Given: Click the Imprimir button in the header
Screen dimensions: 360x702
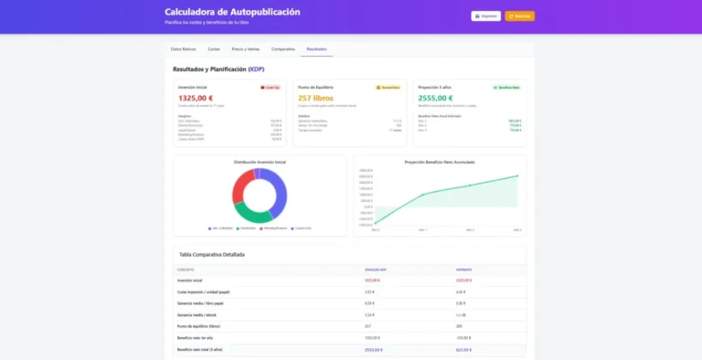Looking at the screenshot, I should [x=486, y=16].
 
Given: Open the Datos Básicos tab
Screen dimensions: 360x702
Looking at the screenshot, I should [x=183, y=48].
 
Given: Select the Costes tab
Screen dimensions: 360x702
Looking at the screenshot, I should [x=214, y=48].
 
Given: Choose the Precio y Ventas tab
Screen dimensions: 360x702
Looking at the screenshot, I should [x=245, y=48].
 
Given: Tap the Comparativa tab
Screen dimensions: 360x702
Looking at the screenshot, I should [x=283, y=48].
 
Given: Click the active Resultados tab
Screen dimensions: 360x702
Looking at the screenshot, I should [x=317, y=48].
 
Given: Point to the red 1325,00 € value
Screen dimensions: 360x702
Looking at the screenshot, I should [x=196, y=98].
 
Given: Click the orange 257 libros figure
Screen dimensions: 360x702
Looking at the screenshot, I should [x=315, y=98].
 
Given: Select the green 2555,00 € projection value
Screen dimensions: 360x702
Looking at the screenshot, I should [x=434, y=98].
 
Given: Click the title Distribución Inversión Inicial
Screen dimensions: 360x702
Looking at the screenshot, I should [x=260, y=162].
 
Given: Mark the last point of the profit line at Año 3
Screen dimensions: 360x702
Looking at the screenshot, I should [x=517, y=175].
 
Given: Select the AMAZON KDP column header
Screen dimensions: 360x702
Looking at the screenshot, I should [x=377, y=270].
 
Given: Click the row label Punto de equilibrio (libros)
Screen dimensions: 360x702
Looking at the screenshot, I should [x=198, y=324].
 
